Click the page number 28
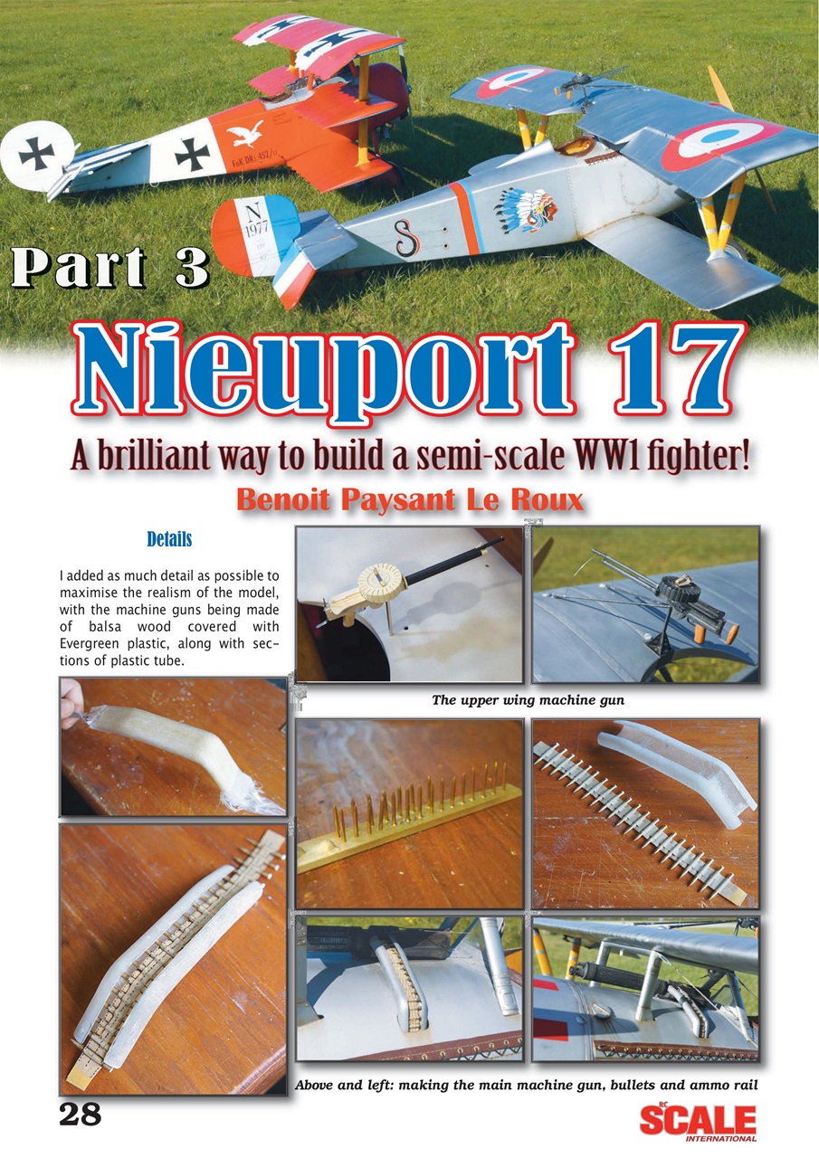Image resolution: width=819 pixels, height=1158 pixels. tap(80, 1114)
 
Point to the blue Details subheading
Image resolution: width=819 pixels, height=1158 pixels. tap(169, 540)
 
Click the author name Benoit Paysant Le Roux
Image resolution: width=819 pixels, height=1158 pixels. tap(409, 498)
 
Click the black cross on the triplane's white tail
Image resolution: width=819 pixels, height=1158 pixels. tap(36, 155)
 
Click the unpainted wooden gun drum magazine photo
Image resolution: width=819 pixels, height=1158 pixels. tap(409, 604)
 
